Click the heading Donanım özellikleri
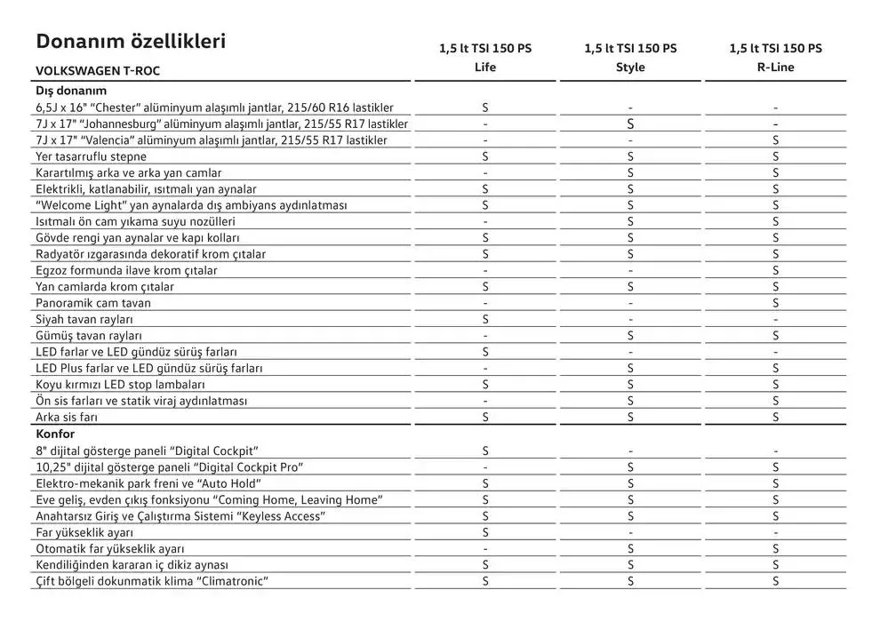[x=131, y=42]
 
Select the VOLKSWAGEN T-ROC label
[x=98, y=70]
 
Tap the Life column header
[x=485, y=67]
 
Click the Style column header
[x=630, y=67]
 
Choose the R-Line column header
[x=776, y=67]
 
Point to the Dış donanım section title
[x=71, y=91]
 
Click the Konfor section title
[x=54, y=435]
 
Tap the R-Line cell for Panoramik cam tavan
[x=776, y=303]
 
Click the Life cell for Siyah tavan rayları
[x=485, y=319]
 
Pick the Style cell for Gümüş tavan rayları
[x=630, y=336]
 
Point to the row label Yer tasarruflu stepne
[x=91, y=156]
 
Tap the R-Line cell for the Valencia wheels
[x=776, y=140]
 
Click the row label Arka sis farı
[x=67, y=417]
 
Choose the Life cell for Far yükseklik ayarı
[x=485, y=532]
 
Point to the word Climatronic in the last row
[x=234, y=581]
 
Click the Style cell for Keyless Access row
[x=630, y=516]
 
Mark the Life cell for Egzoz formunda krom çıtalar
[x=485, y=270]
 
